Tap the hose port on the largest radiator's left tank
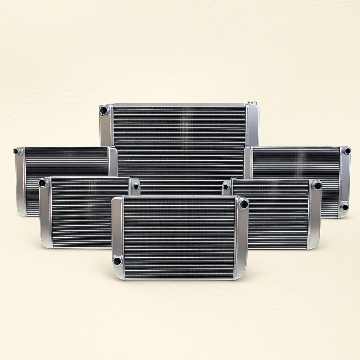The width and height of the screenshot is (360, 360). [x=104, y=110]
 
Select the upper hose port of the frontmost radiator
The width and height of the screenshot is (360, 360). [x=243, y=204]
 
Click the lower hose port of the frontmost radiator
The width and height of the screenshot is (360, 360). [x=117, y=261]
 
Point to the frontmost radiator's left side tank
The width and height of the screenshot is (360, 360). [x=117, y=232]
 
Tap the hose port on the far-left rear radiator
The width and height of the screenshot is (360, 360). [x=16, y=152]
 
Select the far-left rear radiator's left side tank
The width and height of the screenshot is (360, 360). [x=20, y=183]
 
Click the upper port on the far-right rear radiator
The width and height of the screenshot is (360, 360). [x=347, y=151]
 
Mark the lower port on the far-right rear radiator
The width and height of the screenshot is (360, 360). [x=345, y=206]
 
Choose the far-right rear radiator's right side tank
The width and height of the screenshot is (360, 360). [x=345, y=179]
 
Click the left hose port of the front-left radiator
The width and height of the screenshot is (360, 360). [x=43, y=182]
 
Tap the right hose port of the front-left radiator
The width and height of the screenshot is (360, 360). [x=136, y=186]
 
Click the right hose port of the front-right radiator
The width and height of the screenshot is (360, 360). [x=317, y=186]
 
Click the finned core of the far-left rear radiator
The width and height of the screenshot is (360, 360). [x=67, y=162]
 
